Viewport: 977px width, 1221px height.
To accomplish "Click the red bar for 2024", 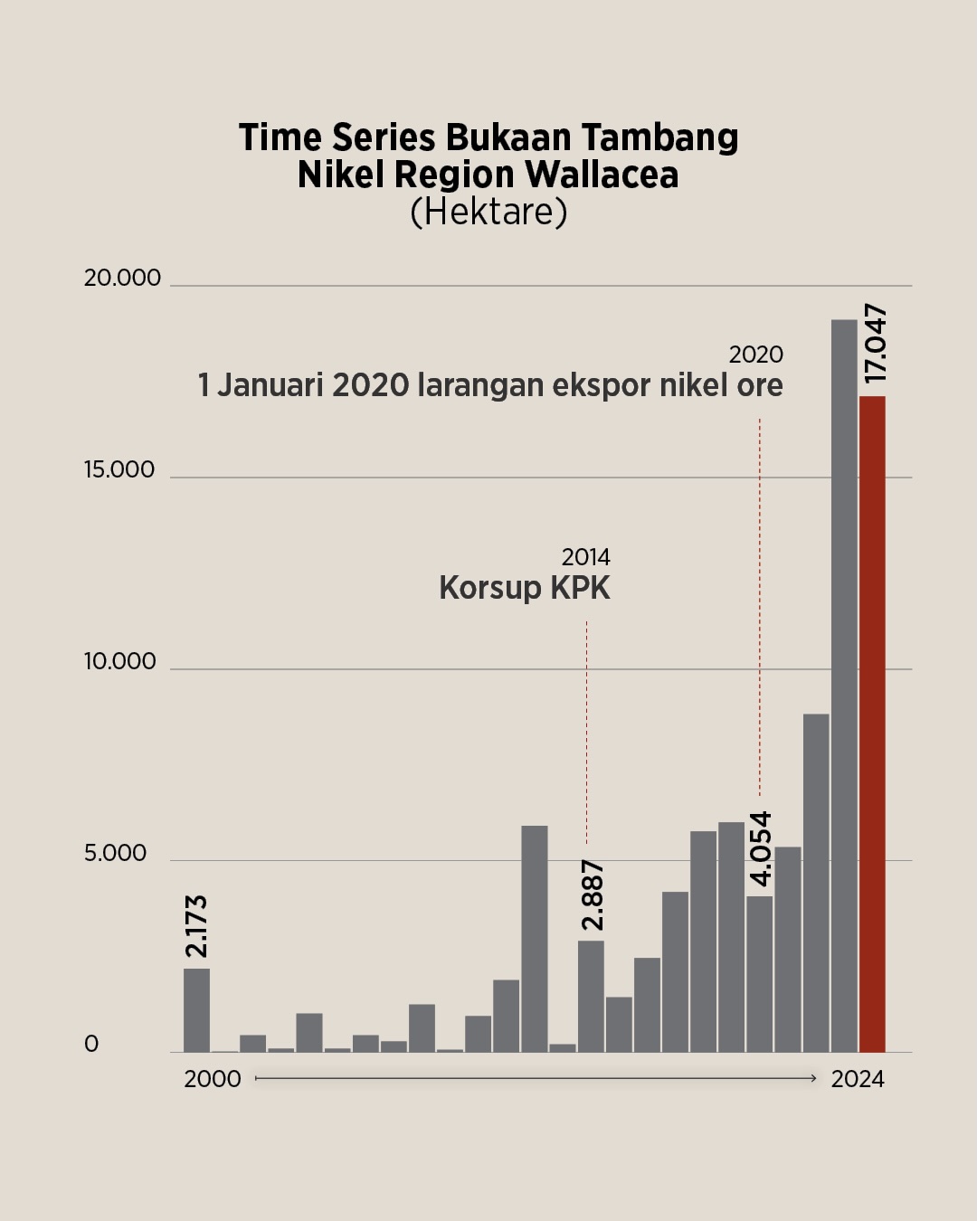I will tap(872, 724).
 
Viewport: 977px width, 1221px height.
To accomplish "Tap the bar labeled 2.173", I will tap(196, 1010).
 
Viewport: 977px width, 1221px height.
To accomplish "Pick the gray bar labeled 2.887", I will tap(591, 996).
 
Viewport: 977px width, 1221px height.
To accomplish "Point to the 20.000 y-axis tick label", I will tap(122, 278).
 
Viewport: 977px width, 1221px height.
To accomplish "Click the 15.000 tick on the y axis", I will tap(119, 469).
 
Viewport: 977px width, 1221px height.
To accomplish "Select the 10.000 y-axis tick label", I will tap(119, 661).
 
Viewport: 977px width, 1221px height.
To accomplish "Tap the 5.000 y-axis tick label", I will tap(115, 853).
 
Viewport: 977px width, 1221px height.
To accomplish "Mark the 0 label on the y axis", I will tap(91, 1045).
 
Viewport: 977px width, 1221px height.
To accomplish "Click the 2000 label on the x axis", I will tap(213, 1079).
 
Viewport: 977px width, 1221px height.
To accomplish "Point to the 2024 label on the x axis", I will tap(858, 1079).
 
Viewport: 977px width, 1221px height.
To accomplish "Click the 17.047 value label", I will tap(875, 344).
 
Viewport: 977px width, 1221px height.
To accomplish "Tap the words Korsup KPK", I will tap(525, 588).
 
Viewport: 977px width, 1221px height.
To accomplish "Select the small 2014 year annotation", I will tap(585, 557).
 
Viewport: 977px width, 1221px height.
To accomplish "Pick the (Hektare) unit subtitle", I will tap(488, 212).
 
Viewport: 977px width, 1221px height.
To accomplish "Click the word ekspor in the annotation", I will tap(601, 386).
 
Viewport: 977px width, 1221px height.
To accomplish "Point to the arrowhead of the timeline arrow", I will tap(813, 1078).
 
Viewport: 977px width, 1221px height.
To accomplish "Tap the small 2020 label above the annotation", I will tap(755, 355).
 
